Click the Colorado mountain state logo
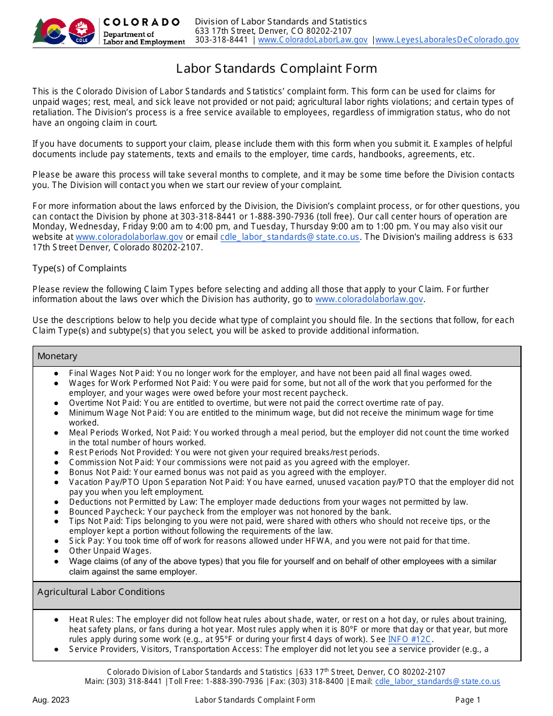pos(49,31)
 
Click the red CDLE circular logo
pos(81,31)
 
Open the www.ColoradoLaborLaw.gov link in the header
pos(313,40)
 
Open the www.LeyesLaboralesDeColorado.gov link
pos(446,40)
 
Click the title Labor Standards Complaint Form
pos(276,69)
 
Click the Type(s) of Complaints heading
pos(79,268)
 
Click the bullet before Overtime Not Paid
pos(56,403)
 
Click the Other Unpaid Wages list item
pos(110,551)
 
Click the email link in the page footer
pos(437,681)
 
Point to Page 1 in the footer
pos(468,700)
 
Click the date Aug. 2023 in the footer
pos(51,700)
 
